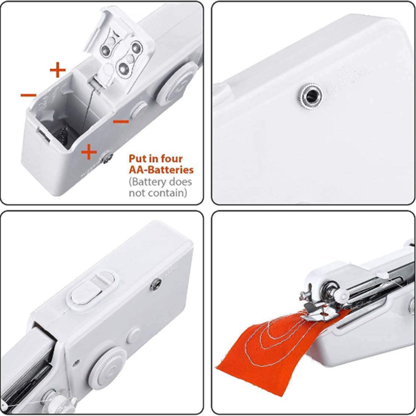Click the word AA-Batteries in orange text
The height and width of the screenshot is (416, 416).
(x=161, y=170)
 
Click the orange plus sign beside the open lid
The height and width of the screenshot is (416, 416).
(x=58, y=69)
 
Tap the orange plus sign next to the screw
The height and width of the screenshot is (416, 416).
(x=89, y=152)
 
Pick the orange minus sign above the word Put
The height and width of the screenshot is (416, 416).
(x=121, y=121)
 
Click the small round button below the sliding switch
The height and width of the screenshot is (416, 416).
(x=134, y=335)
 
